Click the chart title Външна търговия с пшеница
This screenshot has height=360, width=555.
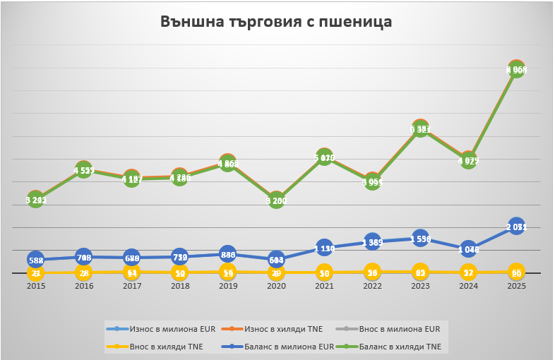[x=276, y=22]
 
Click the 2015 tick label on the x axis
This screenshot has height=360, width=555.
[x=35, y=287]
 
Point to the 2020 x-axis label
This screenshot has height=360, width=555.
[x=276, y=287]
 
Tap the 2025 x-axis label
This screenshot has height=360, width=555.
[x=516, y=287]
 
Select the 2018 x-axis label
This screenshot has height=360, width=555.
[x=179, y=287]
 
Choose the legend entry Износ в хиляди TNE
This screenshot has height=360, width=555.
[x=280, y=328]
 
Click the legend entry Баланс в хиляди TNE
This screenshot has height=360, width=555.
[x=400, y=347]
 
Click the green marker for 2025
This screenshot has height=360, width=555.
[x=516, y=70]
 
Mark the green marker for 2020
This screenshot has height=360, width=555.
[x=276, y=200]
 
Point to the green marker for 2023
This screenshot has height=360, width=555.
[x=420, y=129]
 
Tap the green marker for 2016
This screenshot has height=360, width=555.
[x=83, y=170]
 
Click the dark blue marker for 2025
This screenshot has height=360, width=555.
[x=516, y=227]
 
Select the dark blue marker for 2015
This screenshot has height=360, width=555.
[x=35, y=260]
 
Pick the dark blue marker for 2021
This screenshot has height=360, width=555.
[x=324, y=248]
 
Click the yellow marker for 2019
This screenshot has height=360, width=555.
[x=227, y=272]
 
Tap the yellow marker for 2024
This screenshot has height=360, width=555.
[x=468, y=272]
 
